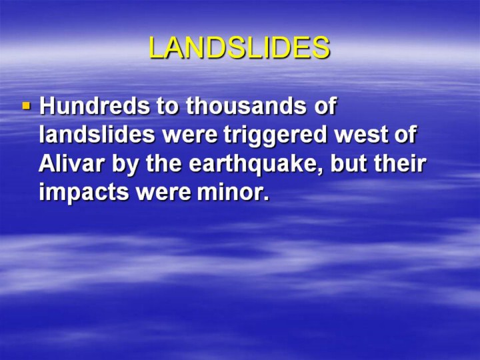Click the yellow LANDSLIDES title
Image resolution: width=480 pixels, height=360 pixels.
239,48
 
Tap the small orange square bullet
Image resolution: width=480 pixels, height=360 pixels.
27,106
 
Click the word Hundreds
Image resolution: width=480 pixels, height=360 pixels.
95,105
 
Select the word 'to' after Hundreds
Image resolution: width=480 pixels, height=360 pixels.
167,106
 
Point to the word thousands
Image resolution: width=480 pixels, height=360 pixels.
246,105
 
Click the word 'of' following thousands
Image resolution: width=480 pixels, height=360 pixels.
325,105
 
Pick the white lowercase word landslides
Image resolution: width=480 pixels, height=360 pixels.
97,134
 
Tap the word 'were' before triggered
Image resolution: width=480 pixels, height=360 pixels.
189,136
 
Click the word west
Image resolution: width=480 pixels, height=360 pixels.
361,135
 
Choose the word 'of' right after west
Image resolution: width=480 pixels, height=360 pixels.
405,134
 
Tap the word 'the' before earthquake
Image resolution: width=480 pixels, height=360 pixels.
164,163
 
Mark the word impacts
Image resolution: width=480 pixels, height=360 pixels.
84,194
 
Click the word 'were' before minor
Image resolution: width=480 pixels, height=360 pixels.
163,194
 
